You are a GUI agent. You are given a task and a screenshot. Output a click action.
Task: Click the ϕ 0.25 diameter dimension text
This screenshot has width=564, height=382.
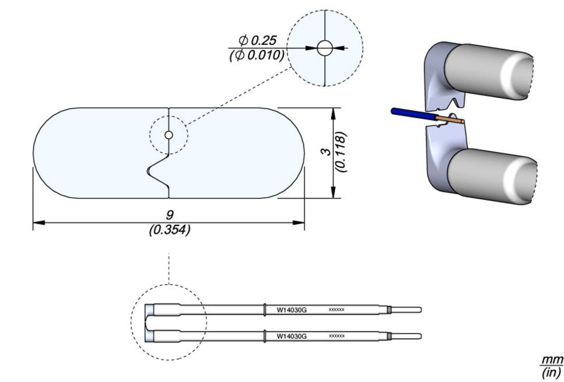pos(257,41)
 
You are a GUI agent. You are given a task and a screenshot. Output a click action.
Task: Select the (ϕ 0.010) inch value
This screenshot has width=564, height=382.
pos(257,55)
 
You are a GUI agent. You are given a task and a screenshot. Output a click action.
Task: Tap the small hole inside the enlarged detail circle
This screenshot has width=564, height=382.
pos(324,48)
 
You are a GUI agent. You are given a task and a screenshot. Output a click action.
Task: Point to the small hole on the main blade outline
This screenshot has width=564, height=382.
pos(168,135)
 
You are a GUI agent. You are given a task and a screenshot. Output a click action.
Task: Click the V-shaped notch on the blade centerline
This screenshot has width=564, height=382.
pos(155,171)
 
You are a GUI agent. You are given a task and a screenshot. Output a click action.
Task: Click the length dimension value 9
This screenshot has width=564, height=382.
pos(170,215)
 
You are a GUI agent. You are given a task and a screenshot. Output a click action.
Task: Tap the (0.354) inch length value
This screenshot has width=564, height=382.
pos(170,230)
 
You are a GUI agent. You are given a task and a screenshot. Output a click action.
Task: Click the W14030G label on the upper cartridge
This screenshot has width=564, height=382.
pos(291,310)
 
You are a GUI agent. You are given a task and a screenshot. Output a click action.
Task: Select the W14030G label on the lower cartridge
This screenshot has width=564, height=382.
pos(291,336)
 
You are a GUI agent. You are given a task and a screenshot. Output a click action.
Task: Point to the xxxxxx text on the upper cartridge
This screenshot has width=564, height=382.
pos(337,310)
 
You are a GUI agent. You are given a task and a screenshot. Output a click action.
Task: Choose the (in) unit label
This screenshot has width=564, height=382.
pos(551,372)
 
